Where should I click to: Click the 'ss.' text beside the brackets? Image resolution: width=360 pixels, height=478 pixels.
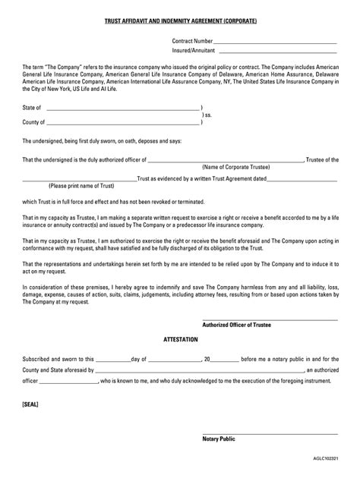coord(207,115)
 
